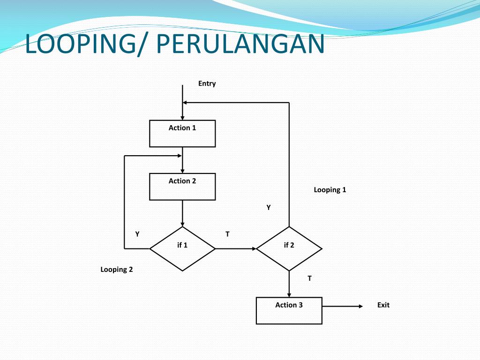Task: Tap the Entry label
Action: pos(207,83)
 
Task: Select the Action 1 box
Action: pos(182,134)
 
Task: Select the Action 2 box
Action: pos(182,187)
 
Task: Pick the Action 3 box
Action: pos(289,310)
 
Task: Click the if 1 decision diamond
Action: pos(182,248)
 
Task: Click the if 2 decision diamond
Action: pos(289,248)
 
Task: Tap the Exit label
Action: pos(383,305)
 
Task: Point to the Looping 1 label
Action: pos(330,190)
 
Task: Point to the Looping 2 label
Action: pos(117,270)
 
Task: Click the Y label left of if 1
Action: pos(137,234)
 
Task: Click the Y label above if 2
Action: pos(269,207)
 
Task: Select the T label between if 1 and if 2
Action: pos(227,234)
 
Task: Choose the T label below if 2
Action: pos(309,278)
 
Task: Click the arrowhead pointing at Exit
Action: pos(360,306)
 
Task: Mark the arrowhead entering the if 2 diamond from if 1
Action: pos(254,248)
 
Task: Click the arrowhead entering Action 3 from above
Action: pos(289,294)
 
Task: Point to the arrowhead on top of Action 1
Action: pos(182,118)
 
